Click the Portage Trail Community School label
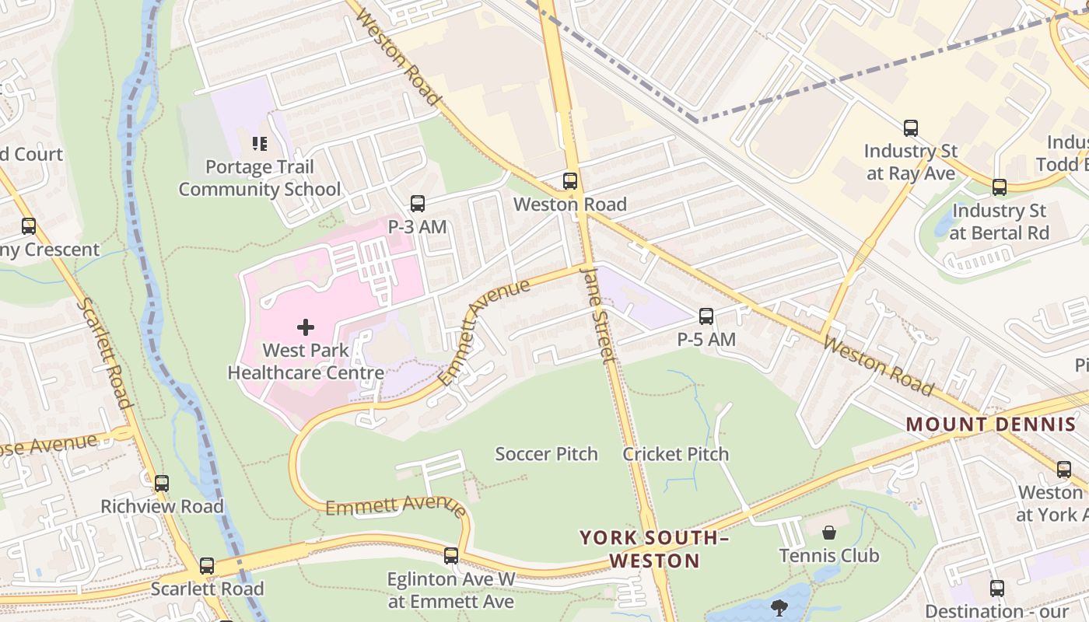pos(260,178)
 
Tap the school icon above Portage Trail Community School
pos(260,144)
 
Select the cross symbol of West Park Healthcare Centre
pos(306,327)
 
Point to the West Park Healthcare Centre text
pos(306,362)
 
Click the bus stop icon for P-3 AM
pos(418,204)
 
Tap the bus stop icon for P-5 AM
pos(706,316)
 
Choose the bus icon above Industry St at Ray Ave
pos(910,128)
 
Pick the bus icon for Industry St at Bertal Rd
pos(1000,187)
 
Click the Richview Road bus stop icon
pos(162,484)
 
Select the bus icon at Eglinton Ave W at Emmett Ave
pos(451,556)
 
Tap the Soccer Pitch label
pos(546,454)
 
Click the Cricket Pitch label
pos(675,454)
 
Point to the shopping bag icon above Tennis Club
pos(829,533)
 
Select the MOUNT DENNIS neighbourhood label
pos(991,425)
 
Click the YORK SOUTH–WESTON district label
pos(654,549)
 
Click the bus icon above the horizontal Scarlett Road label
pos(207,566)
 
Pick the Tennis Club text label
pos(829,555)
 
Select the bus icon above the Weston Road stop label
pos(570,181)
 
